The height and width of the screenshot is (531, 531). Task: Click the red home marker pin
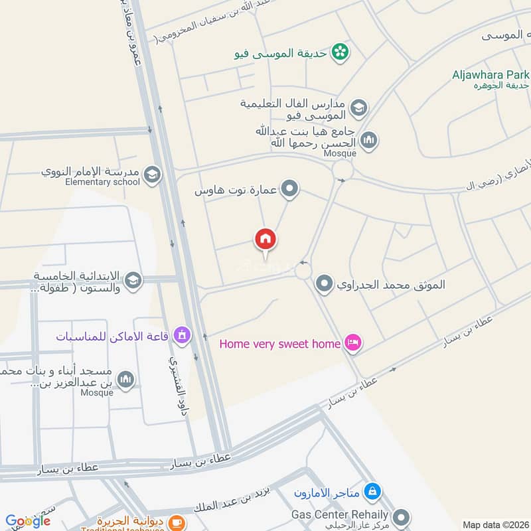click(x=265, y=240)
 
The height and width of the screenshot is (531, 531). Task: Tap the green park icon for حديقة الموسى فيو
click(x=340, y=50)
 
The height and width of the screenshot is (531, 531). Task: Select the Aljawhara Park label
click(x=492, y=75)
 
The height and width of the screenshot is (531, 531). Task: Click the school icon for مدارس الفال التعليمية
click(x=358, y=108)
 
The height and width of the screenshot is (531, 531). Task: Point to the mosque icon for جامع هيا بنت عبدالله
click(x=368, y=140)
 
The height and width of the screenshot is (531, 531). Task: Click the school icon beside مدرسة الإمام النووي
click(x=152, y=175)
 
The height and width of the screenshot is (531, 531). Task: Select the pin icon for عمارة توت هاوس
click(x=289, y=190)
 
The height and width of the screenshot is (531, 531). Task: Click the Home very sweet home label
click(x=279, y=344)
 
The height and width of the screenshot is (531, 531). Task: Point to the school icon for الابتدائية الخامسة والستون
click(x=133, y=281)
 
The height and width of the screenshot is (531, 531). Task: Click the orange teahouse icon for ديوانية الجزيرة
click(x=176, y=523)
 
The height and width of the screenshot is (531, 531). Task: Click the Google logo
click(x=28, y=521)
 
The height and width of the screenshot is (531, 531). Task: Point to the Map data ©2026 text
click(x=494, y=524)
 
